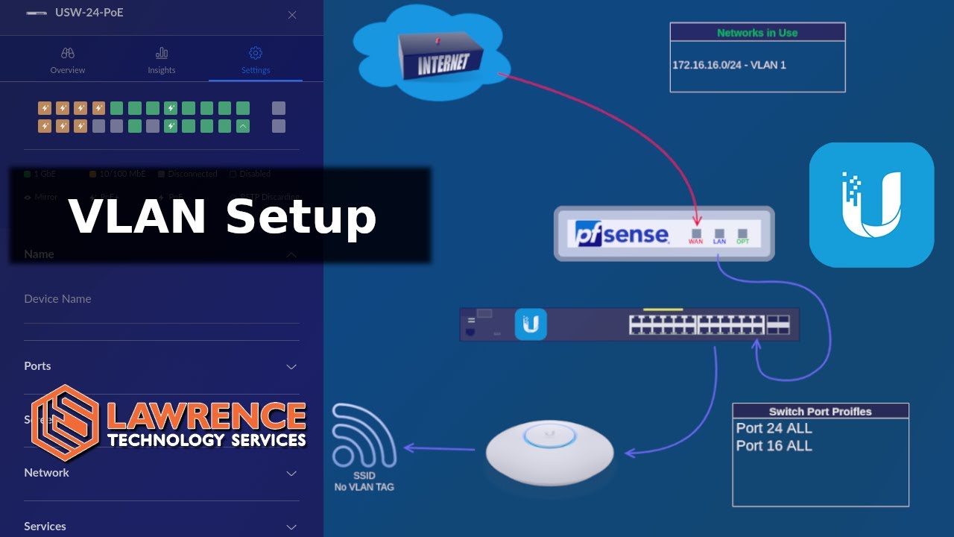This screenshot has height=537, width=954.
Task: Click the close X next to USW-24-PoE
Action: (x=292, y=15)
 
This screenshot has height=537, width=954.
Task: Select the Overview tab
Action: (x=68, y=60)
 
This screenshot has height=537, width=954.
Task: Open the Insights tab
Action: (x=162, y=60)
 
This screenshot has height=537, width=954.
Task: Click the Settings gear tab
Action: (x=256, y=60)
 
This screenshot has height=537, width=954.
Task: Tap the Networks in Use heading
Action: (x=757, y=33)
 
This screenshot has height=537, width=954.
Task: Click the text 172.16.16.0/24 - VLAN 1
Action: (x=729, y=65)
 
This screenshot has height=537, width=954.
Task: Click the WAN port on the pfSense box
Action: (x=696, y=234)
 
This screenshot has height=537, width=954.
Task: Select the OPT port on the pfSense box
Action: (x=742, y=234)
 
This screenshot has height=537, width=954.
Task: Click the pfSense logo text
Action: (x=622, y=233)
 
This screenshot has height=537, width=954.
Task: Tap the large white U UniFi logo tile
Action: (x=871, y=204)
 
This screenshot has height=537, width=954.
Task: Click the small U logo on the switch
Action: (x=531, y=324)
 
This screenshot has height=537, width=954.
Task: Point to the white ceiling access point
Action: (x=550, y=450)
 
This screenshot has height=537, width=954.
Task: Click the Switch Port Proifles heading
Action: (x=820, y=412)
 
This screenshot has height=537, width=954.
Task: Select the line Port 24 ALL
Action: (x=774, y=428)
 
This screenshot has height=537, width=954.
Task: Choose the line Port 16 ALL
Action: (x=774, y=446)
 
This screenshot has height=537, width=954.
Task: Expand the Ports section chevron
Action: (x=291, y=366)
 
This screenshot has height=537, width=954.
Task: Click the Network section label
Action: (x=46, y=472)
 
